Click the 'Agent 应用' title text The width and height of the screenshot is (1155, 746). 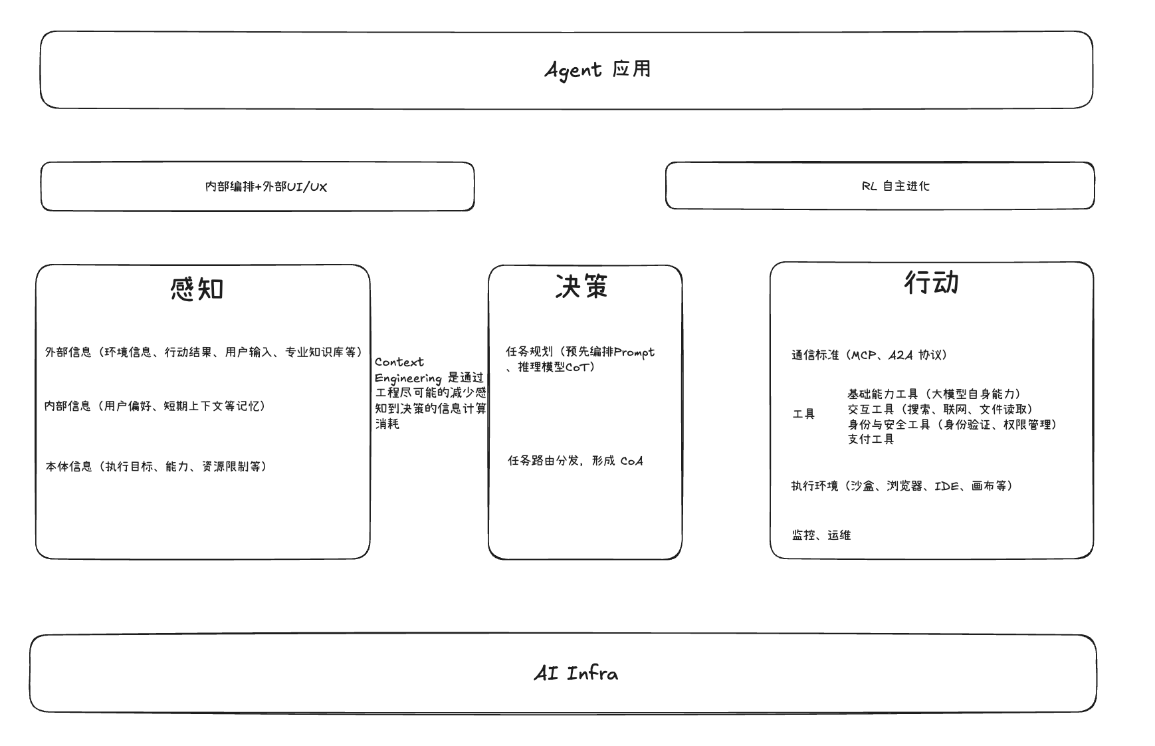coord(597,70)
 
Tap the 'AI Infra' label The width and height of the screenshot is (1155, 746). coord(576,674)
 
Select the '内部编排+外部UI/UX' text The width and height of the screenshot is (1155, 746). coord(266,187)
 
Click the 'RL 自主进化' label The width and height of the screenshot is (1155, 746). coord(895,186)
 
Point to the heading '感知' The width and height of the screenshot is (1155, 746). coord(197,289)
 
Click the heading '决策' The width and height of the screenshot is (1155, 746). coord(581,286)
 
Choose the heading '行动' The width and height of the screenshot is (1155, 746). coord(932,283)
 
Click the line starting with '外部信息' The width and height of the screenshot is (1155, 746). coord(203,352)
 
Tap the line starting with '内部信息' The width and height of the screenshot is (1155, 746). coord(155,406)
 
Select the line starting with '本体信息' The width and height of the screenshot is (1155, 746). coord(156,467)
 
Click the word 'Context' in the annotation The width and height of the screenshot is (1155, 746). coord(399,362)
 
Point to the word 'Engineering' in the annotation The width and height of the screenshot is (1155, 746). coord(408,378)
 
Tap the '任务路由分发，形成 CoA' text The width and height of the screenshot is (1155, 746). coord(576,461)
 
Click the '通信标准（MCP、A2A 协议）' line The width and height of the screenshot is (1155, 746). coord(869,355)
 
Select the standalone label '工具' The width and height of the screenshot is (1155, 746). coord(803,414)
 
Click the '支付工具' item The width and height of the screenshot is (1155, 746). coord(871,439)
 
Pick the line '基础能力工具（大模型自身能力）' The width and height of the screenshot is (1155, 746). coord(934,394)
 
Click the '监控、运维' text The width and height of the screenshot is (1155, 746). coord(821,535)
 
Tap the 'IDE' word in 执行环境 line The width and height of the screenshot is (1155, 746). coord(947,486)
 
